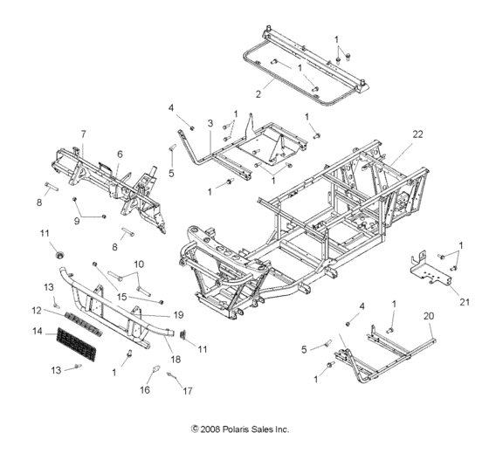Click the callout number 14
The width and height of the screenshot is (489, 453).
[x=37, y=332]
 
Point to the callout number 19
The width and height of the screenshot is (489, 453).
[x=178, y=315]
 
